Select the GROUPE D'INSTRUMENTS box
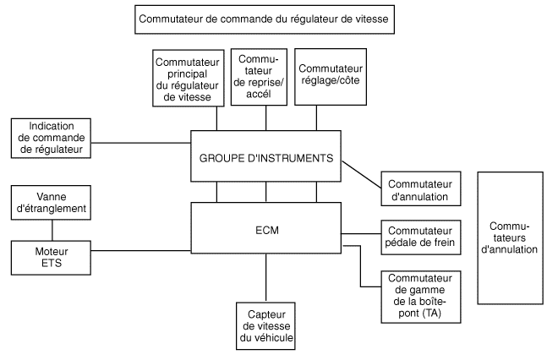[266, 156]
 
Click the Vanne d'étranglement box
[52, 201]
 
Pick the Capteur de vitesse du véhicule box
[265, 326]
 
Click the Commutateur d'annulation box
[420, 190]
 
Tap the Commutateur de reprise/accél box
[259, 74]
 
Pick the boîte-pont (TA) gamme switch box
[420, 296]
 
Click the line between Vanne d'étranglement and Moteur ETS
[52, 230]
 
